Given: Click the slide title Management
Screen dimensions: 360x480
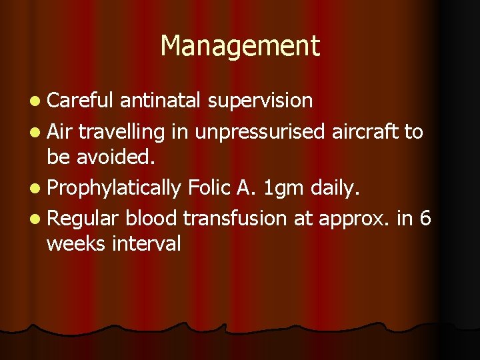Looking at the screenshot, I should (x=240, y=45).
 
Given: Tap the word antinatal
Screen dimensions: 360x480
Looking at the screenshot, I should (x=161, y=101).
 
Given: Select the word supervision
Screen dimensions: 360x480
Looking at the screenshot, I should (x=260, y=101).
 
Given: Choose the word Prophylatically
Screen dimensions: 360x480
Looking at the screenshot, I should (x=114, y=189).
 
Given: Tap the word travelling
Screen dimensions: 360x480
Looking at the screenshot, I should (x=121, y=132).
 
